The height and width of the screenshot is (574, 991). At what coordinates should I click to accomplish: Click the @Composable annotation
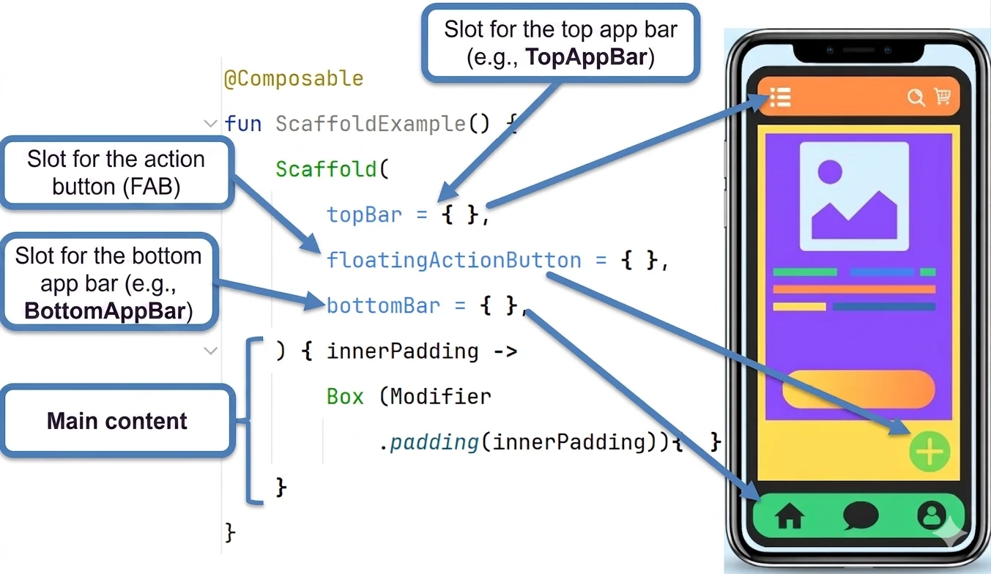point(294,79)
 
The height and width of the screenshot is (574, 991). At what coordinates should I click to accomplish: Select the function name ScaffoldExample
point(371,124)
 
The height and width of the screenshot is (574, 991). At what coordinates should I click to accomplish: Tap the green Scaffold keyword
point(326,169)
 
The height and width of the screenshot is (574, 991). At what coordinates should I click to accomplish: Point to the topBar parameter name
point(364,215)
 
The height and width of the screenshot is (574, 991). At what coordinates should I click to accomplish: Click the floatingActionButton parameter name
point(454,260)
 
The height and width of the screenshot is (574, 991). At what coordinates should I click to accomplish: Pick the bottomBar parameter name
point(383,305)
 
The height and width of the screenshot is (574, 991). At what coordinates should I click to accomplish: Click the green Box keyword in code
point(345,396)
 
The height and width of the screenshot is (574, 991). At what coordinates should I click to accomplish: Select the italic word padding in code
point(434,442)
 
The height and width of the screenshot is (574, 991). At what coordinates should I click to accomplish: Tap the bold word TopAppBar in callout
point(586,57)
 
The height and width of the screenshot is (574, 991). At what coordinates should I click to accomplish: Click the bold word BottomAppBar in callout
point(105,310)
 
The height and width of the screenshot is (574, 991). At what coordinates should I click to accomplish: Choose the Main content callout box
point(117,420)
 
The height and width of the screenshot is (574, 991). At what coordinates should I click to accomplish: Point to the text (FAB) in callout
point(152,187)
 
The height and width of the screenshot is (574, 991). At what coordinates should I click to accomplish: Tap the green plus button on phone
point(929,452)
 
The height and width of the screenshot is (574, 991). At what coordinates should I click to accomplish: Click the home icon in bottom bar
point(790,516)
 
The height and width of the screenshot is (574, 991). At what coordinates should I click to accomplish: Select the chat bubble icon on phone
point(861,515)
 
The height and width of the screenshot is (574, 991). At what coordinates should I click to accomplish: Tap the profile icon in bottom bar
point(931,515)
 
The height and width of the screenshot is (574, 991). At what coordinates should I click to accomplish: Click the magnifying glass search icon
point(916,97)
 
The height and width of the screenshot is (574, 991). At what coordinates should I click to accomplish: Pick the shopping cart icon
point(943,95)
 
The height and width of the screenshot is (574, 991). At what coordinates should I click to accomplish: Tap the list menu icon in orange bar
point(780,97)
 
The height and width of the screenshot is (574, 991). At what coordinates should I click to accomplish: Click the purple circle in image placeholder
point(830,171)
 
